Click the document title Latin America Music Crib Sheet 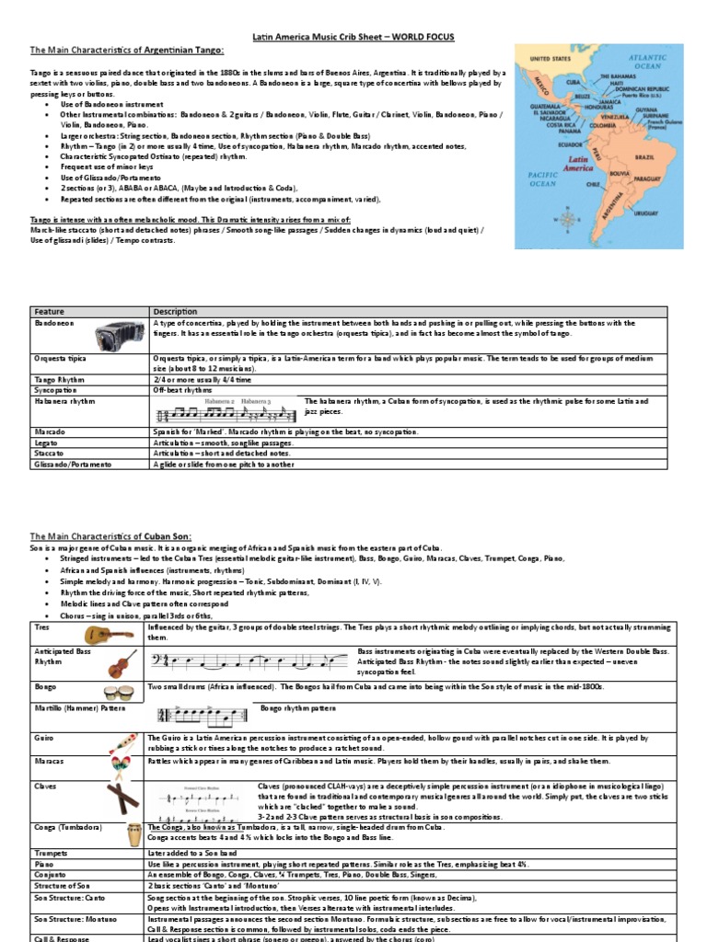[x=353, y=37]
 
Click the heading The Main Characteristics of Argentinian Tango [x=114, y=51]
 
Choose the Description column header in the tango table [x=176, y=311]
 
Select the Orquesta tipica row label [x=59, y=355]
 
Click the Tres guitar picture [x=107, y=633]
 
